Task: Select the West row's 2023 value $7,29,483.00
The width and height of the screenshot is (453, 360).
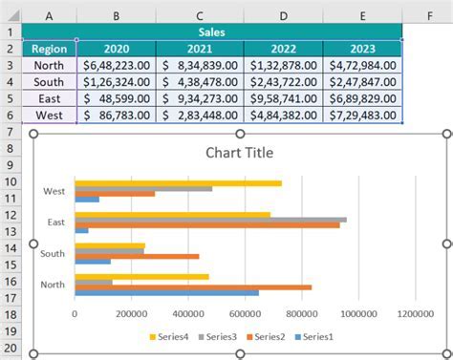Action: (362, 114)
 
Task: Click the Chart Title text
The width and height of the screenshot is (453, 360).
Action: (239, 152)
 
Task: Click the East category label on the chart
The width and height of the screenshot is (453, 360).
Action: (54, 222)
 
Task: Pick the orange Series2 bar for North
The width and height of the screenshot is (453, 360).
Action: (191, 286)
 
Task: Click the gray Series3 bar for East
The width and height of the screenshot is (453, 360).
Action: (210, 219)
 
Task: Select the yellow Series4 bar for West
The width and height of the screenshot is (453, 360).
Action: (178, 183)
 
